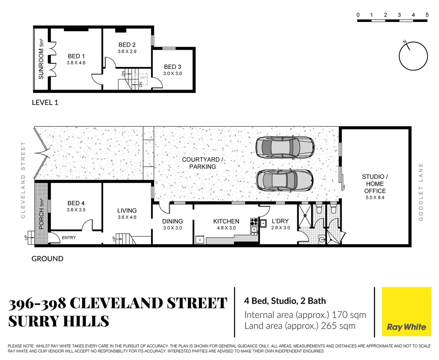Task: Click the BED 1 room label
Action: pos(76,56)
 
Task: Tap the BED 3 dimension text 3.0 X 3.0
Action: pos(172,74)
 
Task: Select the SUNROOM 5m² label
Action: pos(41,59)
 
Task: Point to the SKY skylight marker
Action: pos(143,78)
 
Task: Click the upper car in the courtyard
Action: pos(285,147)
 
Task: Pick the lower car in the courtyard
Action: pos(285,180)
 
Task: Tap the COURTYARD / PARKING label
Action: pos(202,163)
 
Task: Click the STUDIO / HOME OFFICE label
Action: pos(375,184)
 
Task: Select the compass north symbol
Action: pos(413,56)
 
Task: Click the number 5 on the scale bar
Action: pos(427,15)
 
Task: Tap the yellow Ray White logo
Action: pos(406,312)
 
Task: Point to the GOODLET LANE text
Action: pos(421,192)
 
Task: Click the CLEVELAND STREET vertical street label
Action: pos(23,180)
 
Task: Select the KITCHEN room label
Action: pos(226,221)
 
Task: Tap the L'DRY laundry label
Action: pos(280,221)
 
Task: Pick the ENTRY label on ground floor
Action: pos(69,238)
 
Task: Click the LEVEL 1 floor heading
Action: pos(45,103)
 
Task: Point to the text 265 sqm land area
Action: pos(338,326)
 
